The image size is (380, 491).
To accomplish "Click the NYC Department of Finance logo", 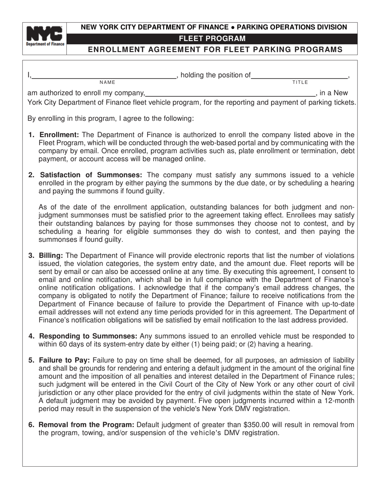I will [x=44, y=36].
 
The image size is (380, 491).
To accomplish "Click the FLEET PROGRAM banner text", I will [x=212, y=39].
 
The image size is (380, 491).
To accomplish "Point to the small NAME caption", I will [x=107, y=82].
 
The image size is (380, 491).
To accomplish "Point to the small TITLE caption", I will [x=300, y=82].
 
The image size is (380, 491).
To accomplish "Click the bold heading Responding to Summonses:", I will [x=88, y=336].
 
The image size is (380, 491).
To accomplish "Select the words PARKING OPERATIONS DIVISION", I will [x=292, y=28].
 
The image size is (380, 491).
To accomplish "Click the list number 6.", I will [x=31, y=425].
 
